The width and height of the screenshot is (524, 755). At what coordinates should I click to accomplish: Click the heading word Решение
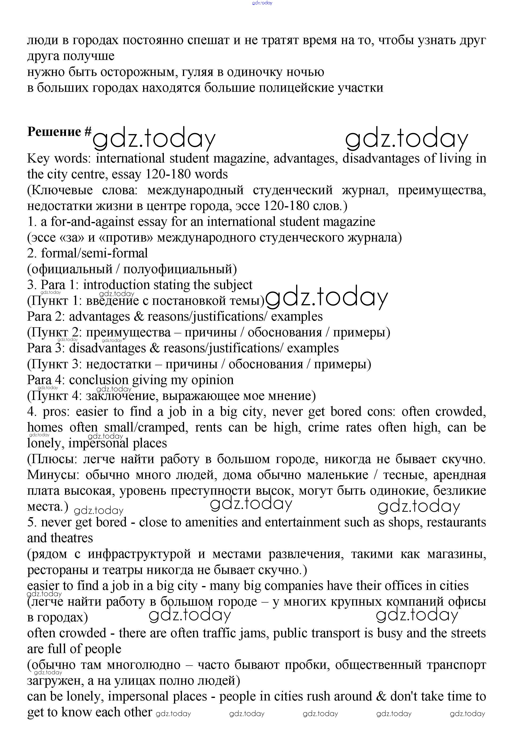coord(54,132)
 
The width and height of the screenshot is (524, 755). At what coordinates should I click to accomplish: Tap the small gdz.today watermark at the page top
coord(262,3)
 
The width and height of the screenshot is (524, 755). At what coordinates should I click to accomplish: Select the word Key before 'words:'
coord(38,159)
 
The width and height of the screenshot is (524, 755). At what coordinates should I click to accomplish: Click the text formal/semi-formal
coord(94,253)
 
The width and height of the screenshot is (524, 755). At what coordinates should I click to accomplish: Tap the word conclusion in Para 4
coord(99,380)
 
